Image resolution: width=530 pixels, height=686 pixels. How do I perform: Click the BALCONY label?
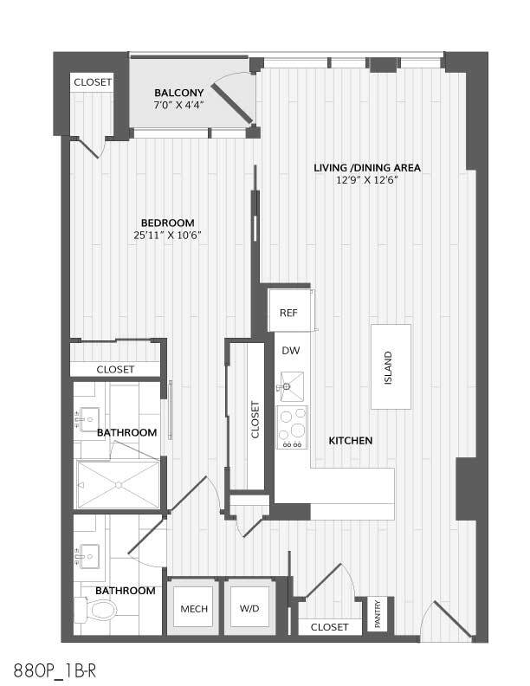tap(178, 93)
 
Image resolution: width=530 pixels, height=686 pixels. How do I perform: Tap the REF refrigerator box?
tap(288, 310)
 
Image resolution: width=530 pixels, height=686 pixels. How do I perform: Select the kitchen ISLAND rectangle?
tap(390, 366)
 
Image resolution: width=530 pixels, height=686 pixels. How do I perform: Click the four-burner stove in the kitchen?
tap(292, 428)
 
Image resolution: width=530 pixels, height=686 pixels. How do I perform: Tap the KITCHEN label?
tap(351, 441)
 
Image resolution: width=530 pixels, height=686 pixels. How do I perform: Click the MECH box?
tap(193, 609)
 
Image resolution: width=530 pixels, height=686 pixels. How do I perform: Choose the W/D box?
tap(249, 609)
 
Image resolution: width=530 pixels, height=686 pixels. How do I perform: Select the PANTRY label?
tap(377, 613)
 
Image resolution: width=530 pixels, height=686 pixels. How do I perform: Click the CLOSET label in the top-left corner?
tap(92, 82)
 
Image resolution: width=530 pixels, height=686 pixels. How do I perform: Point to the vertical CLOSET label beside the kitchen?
tap(255, 419)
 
